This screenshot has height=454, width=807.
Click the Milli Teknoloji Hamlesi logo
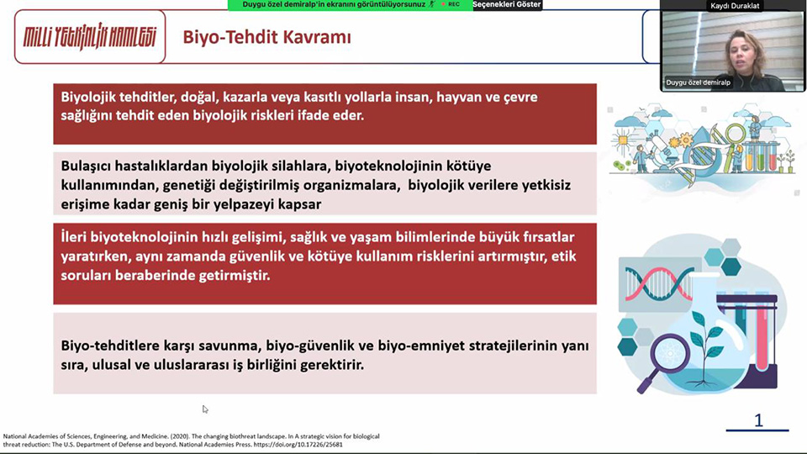coord(90,37)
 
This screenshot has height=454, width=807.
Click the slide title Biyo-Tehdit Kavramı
coord(266,37)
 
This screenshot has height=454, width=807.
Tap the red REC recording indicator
coord(451,4)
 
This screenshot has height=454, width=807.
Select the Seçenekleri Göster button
coord(507,5)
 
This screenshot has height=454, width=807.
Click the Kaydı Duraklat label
coord(735,6)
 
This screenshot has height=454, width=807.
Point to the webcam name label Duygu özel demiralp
coord(698,82)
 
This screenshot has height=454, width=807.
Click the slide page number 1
coord(758,420)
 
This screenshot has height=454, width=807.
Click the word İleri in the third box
coord(73,237)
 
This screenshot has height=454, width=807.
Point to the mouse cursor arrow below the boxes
coord(205,409)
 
